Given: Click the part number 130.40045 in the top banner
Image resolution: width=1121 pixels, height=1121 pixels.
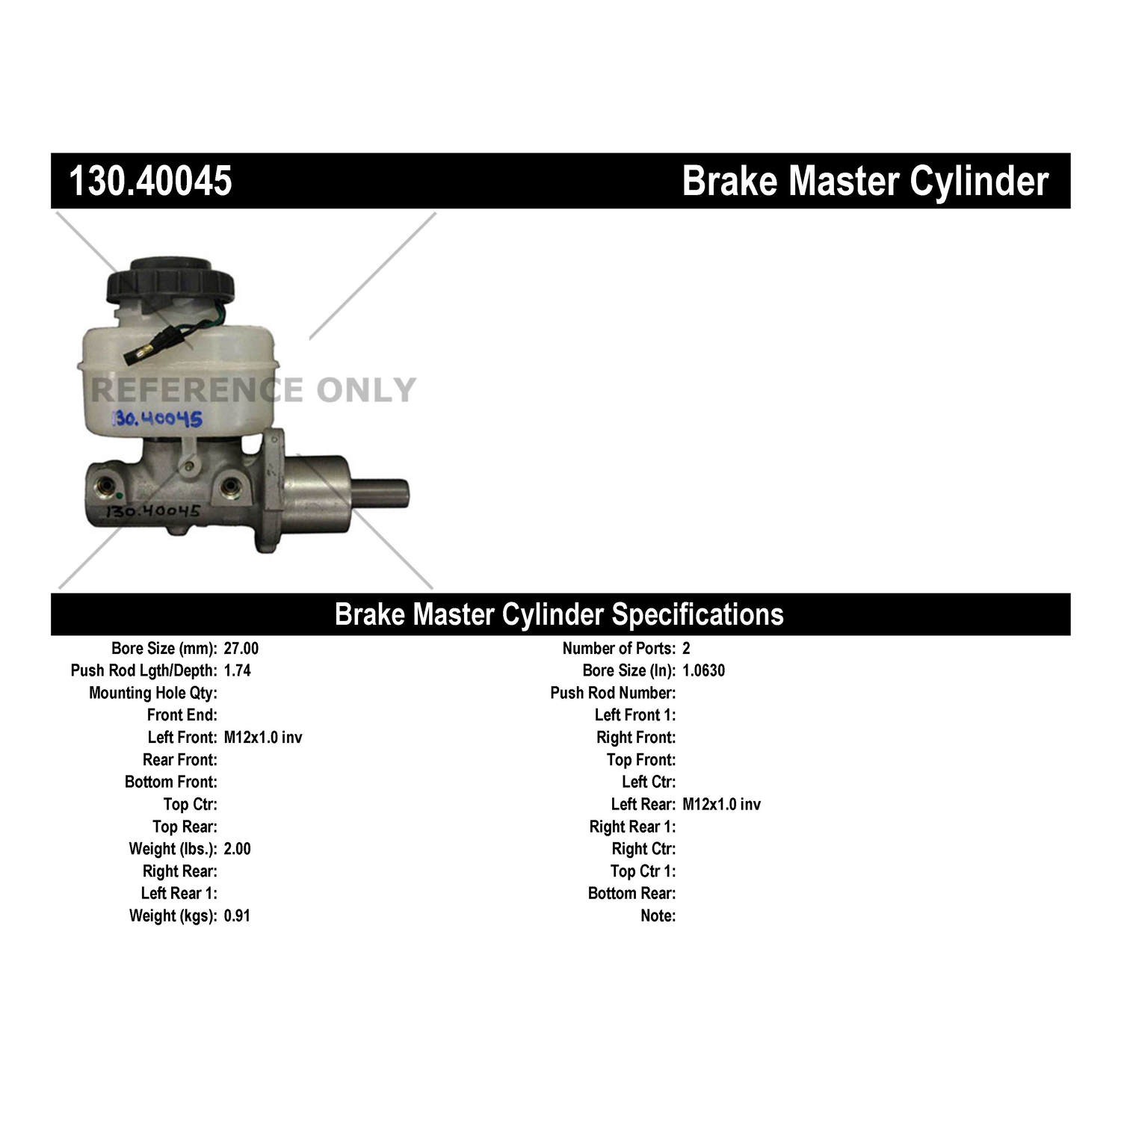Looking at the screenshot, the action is click(150, 181).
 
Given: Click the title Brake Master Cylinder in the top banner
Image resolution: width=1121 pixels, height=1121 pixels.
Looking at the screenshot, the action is click(865, 181).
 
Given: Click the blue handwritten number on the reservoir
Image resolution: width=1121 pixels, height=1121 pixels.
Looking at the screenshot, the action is click(157, 419).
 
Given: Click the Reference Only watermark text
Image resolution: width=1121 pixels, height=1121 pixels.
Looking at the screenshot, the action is click(253, 390).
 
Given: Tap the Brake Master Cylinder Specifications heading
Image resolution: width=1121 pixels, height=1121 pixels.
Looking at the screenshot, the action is click(559, 614).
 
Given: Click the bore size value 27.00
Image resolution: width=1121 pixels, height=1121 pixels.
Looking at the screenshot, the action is click(241, 649).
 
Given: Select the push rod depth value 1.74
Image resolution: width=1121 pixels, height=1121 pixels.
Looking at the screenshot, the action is click(237, 670).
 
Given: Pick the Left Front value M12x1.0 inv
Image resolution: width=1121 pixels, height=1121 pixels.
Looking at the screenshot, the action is click(263, 738).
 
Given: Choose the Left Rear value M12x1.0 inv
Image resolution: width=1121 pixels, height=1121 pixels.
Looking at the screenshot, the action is click(721, 804).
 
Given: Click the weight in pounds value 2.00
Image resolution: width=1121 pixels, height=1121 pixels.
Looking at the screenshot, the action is click(237, 849).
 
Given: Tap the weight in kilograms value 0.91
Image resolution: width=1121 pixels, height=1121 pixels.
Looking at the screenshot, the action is click(237, 915).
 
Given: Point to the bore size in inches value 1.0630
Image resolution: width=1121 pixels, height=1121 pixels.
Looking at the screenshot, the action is click(703, 670).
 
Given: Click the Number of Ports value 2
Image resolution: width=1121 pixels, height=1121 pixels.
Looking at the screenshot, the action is click(686, 649).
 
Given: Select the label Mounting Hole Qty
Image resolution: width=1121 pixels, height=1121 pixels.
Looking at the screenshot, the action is click(153, 693).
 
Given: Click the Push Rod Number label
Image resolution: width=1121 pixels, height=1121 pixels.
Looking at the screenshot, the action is click(613, 693).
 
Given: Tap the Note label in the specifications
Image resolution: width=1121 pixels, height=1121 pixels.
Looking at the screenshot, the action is click(658, 915).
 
